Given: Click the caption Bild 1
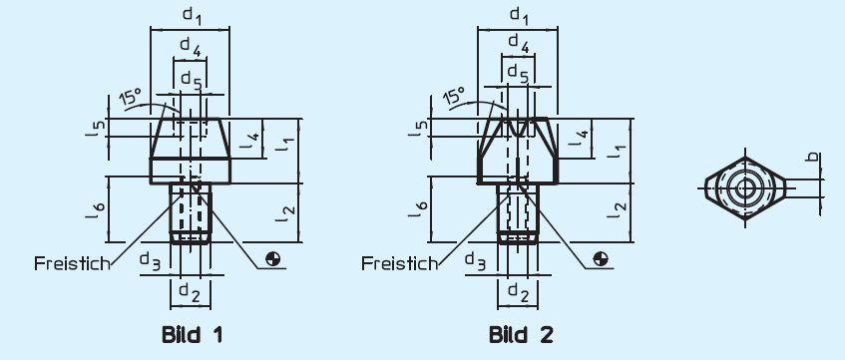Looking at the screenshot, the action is point(192,334).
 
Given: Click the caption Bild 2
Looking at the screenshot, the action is point(520,334).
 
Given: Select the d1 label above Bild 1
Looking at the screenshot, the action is point(190,17).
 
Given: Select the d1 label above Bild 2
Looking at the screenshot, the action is point(518,15).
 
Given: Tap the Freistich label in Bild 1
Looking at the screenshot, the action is point(71,263).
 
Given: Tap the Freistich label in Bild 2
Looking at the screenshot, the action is point(399,263).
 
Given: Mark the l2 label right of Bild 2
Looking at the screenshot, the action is point(620,209).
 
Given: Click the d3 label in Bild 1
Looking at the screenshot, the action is point(150,261).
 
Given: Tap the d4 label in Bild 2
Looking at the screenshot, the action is point(518,43).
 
